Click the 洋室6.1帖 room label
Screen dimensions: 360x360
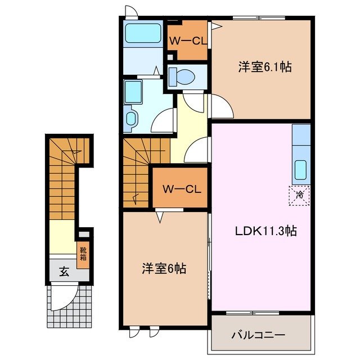coord(264,67)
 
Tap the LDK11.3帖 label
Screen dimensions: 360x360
coord(258,231)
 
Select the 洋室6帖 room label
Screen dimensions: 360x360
coord(163,268)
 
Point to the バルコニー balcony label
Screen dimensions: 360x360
coord(258,335)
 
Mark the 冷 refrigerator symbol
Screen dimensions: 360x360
coord(299,195)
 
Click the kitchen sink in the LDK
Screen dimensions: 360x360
coord(300,168)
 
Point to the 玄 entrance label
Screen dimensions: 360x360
coord(64,273)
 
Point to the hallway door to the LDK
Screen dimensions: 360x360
coord(197,151)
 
